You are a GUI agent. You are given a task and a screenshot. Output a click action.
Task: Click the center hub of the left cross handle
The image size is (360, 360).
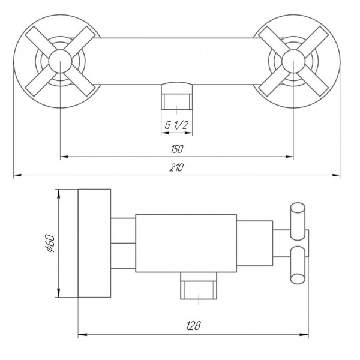click(61, 61)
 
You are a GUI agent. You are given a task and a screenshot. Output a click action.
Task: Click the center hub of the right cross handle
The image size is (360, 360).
click(293, 61)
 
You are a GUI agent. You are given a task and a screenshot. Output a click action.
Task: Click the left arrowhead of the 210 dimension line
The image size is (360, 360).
click(16, 175)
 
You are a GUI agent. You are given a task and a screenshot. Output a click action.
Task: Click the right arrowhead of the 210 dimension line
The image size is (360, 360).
click(337, 175)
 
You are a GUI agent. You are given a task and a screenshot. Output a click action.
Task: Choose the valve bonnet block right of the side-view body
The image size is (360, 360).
click(255, 243)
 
